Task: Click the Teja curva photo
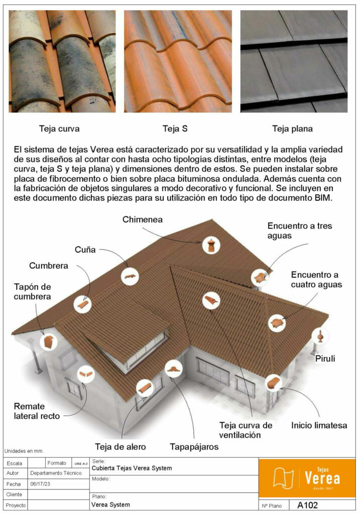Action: [x=62, y=61]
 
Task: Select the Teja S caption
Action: [x=175, y=128]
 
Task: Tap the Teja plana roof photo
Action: [x=294, y=61]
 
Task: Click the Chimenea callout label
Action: [x=142, y=219]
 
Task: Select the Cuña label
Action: [x=85, y=250]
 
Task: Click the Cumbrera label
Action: [x=49, y=266]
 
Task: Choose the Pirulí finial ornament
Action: [x=320, y=336]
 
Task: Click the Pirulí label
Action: [x=325, y=358]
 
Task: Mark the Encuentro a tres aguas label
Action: [x=300, y=231]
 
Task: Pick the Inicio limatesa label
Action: [x=319, y=426]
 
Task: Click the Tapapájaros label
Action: [x=194, y=447]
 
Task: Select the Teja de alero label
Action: [x=121, y=447]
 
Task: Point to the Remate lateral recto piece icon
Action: [x=86, y=374]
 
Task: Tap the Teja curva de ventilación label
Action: [x=246, y=430]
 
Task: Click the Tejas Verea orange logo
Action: [x=307, y=478]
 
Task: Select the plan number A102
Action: [x=307, y=505]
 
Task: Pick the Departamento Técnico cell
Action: [x=56, y=473]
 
